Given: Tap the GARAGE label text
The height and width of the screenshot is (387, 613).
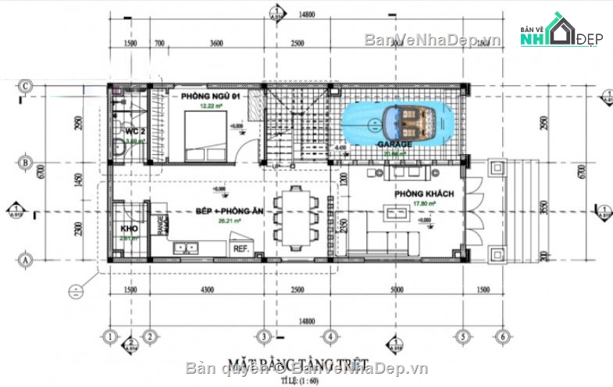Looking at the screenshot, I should coord(394,145).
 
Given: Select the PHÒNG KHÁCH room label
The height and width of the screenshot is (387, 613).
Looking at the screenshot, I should coord(424,194).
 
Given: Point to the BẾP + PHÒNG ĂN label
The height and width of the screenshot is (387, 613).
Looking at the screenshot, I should coord(229,212).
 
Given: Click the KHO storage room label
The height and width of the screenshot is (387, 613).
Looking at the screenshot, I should coord(129,229).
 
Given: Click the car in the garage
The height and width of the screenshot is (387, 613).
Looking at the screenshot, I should coord(396,122).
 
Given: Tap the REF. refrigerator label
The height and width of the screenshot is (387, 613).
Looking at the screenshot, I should coord(240,249).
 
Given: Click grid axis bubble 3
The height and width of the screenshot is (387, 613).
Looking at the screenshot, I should coord(264,337).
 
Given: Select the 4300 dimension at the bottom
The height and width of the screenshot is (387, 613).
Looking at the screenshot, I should coord(205,290).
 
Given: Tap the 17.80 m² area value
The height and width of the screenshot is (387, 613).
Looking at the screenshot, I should coord(424,205).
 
